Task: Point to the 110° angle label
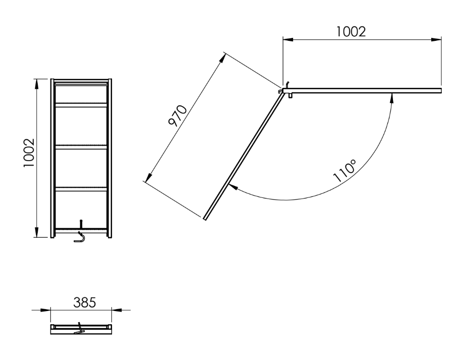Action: tap(345, 171)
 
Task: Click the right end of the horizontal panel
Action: tap(440, 91)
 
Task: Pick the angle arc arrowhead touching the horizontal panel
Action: tap(392, 97)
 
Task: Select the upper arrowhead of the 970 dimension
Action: tap(222, 58)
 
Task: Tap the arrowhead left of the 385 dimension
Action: tap(47, 310)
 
